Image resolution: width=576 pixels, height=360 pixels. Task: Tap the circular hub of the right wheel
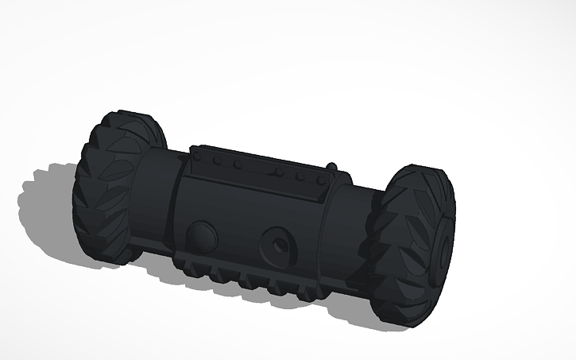(442, 246)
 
